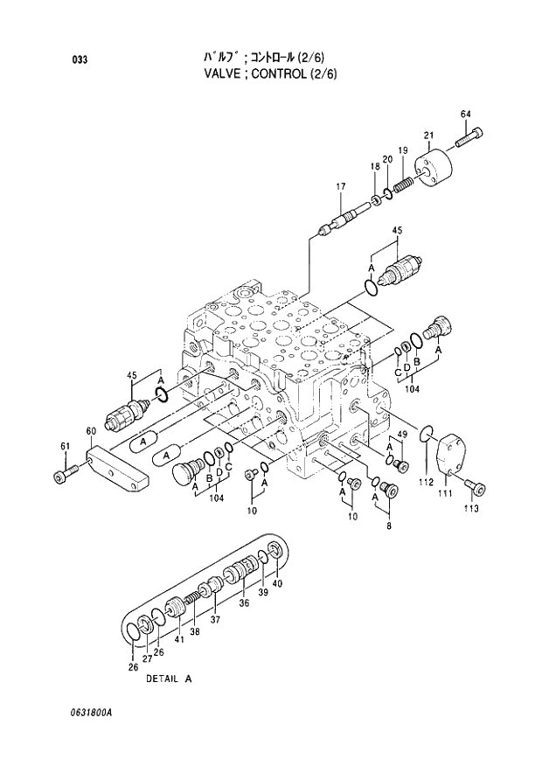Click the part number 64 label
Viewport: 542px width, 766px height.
pos(465,115)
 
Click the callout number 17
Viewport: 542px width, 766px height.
pos(341,186)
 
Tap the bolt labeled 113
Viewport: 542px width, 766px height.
pos(474,484)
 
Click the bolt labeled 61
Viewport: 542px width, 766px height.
pos(60,476)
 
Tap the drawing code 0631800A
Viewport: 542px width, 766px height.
pos(87,712)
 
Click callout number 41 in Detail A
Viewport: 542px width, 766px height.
pos(179,639)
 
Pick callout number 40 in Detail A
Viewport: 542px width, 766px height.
pos(278,583)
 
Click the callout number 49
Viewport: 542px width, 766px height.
pos(402,435)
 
